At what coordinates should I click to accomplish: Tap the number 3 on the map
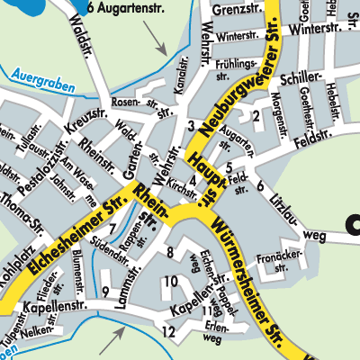point(191,125)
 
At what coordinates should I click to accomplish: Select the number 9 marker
point(105,290)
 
